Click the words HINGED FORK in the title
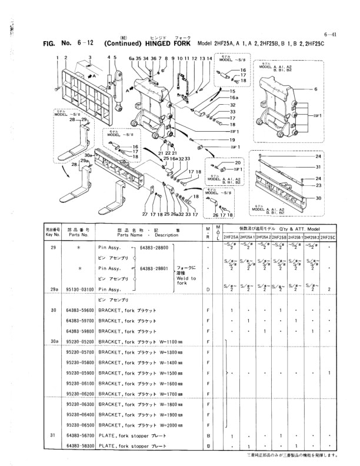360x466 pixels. click(167, 44)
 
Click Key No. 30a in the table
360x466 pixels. click(54, 341)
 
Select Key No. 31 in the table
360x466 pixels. click(54, 436)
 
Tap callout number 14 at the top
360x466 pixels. click(209, 59)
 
